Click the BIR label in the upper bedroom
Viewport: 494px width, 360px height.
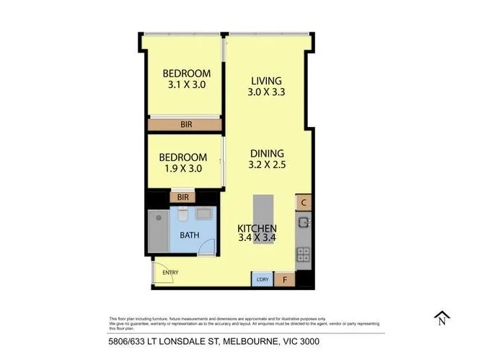pyautogui.click(x=186, y=125)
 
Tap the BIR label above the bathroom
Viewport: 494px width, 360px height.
pyautogui.click(x=182, y=196)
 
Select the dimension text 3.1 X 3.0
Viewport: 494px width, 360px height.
pyautogui.click(x=186, y=84)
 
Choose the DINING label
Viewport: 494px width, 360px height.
pyautogui.click(x=267, y=153)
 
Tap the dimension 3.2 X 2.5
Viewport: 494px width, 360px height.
pyautogui.click(x=267, y=164)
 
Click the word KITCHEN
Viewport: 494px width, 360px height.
pyautogui.click(x=257, y=229)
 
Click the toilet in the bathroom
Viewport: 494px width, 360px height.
pyautogui.click(x=183, y=216)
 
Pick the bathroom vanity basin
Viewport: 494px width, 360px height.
pyautogui.click(x=204, y=215)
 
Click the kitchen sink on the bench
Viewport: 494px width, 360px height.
pyautogui.click(x=304, y=221)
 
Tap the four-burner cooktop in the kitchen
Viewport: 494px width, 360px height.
pyautogui.click(x=304, y=255)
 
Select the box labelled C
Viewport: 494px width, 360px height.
pyautogui.click(x=304, y=203)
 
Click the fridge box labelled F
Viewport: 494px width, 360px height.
pyautogui.click(x=284, y=279)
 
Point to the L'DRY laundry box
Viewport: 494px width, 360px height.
pyautogui.click(x=261, y=279)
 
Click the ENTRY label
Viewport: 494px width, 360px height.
pyautogui.click(x=170, y=272)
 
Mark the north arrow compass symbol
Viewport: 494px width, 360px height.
pyautogui.click(x=441, y=317)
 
